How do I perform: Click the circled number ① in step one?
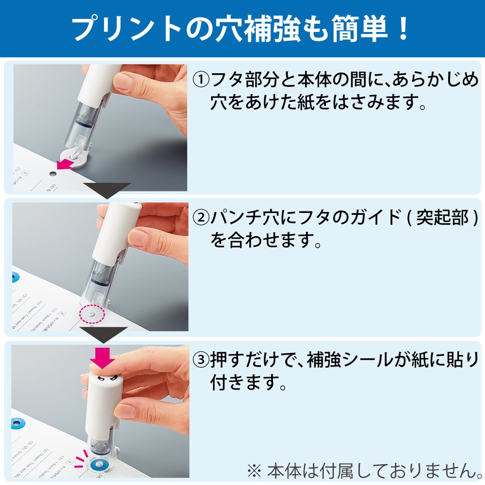201,79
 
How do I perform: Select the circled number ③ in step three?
201,360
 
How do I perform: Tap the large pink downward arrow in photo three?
103,358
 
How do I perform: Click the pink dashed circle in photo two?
92,314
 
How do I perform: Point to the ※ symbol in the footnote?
254,469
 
